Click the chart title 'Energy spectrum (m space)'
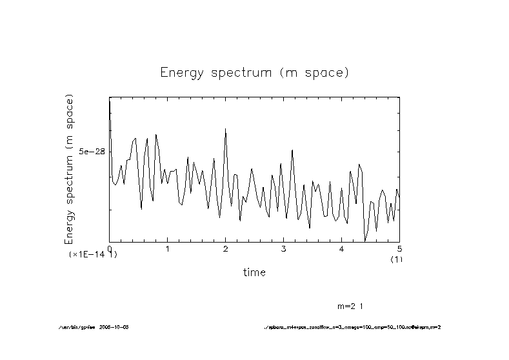click(254, 73)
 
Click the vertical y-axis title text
click(70, 169)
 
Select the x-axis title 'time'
click(254, 272)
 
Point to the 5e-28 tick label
click(91, 152)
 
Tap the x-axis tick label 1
click(168, 248)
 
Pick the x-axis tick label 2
click(226, 248)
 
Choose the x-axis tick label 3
click(283, 248)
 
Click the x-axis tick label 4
click(341, 248)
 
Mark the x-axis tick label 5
click(399, 248)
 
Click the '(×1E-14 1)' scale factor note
click(93, 255)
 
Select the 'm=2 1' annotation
click(354, 305)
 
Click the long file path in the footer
click(352, 327)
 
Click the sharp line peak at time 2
click(226, 129)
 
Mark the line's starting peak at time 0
click(110, 101)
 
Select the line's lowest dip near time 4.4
click(364, 240)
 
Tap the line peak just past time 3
click(292, 150)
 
